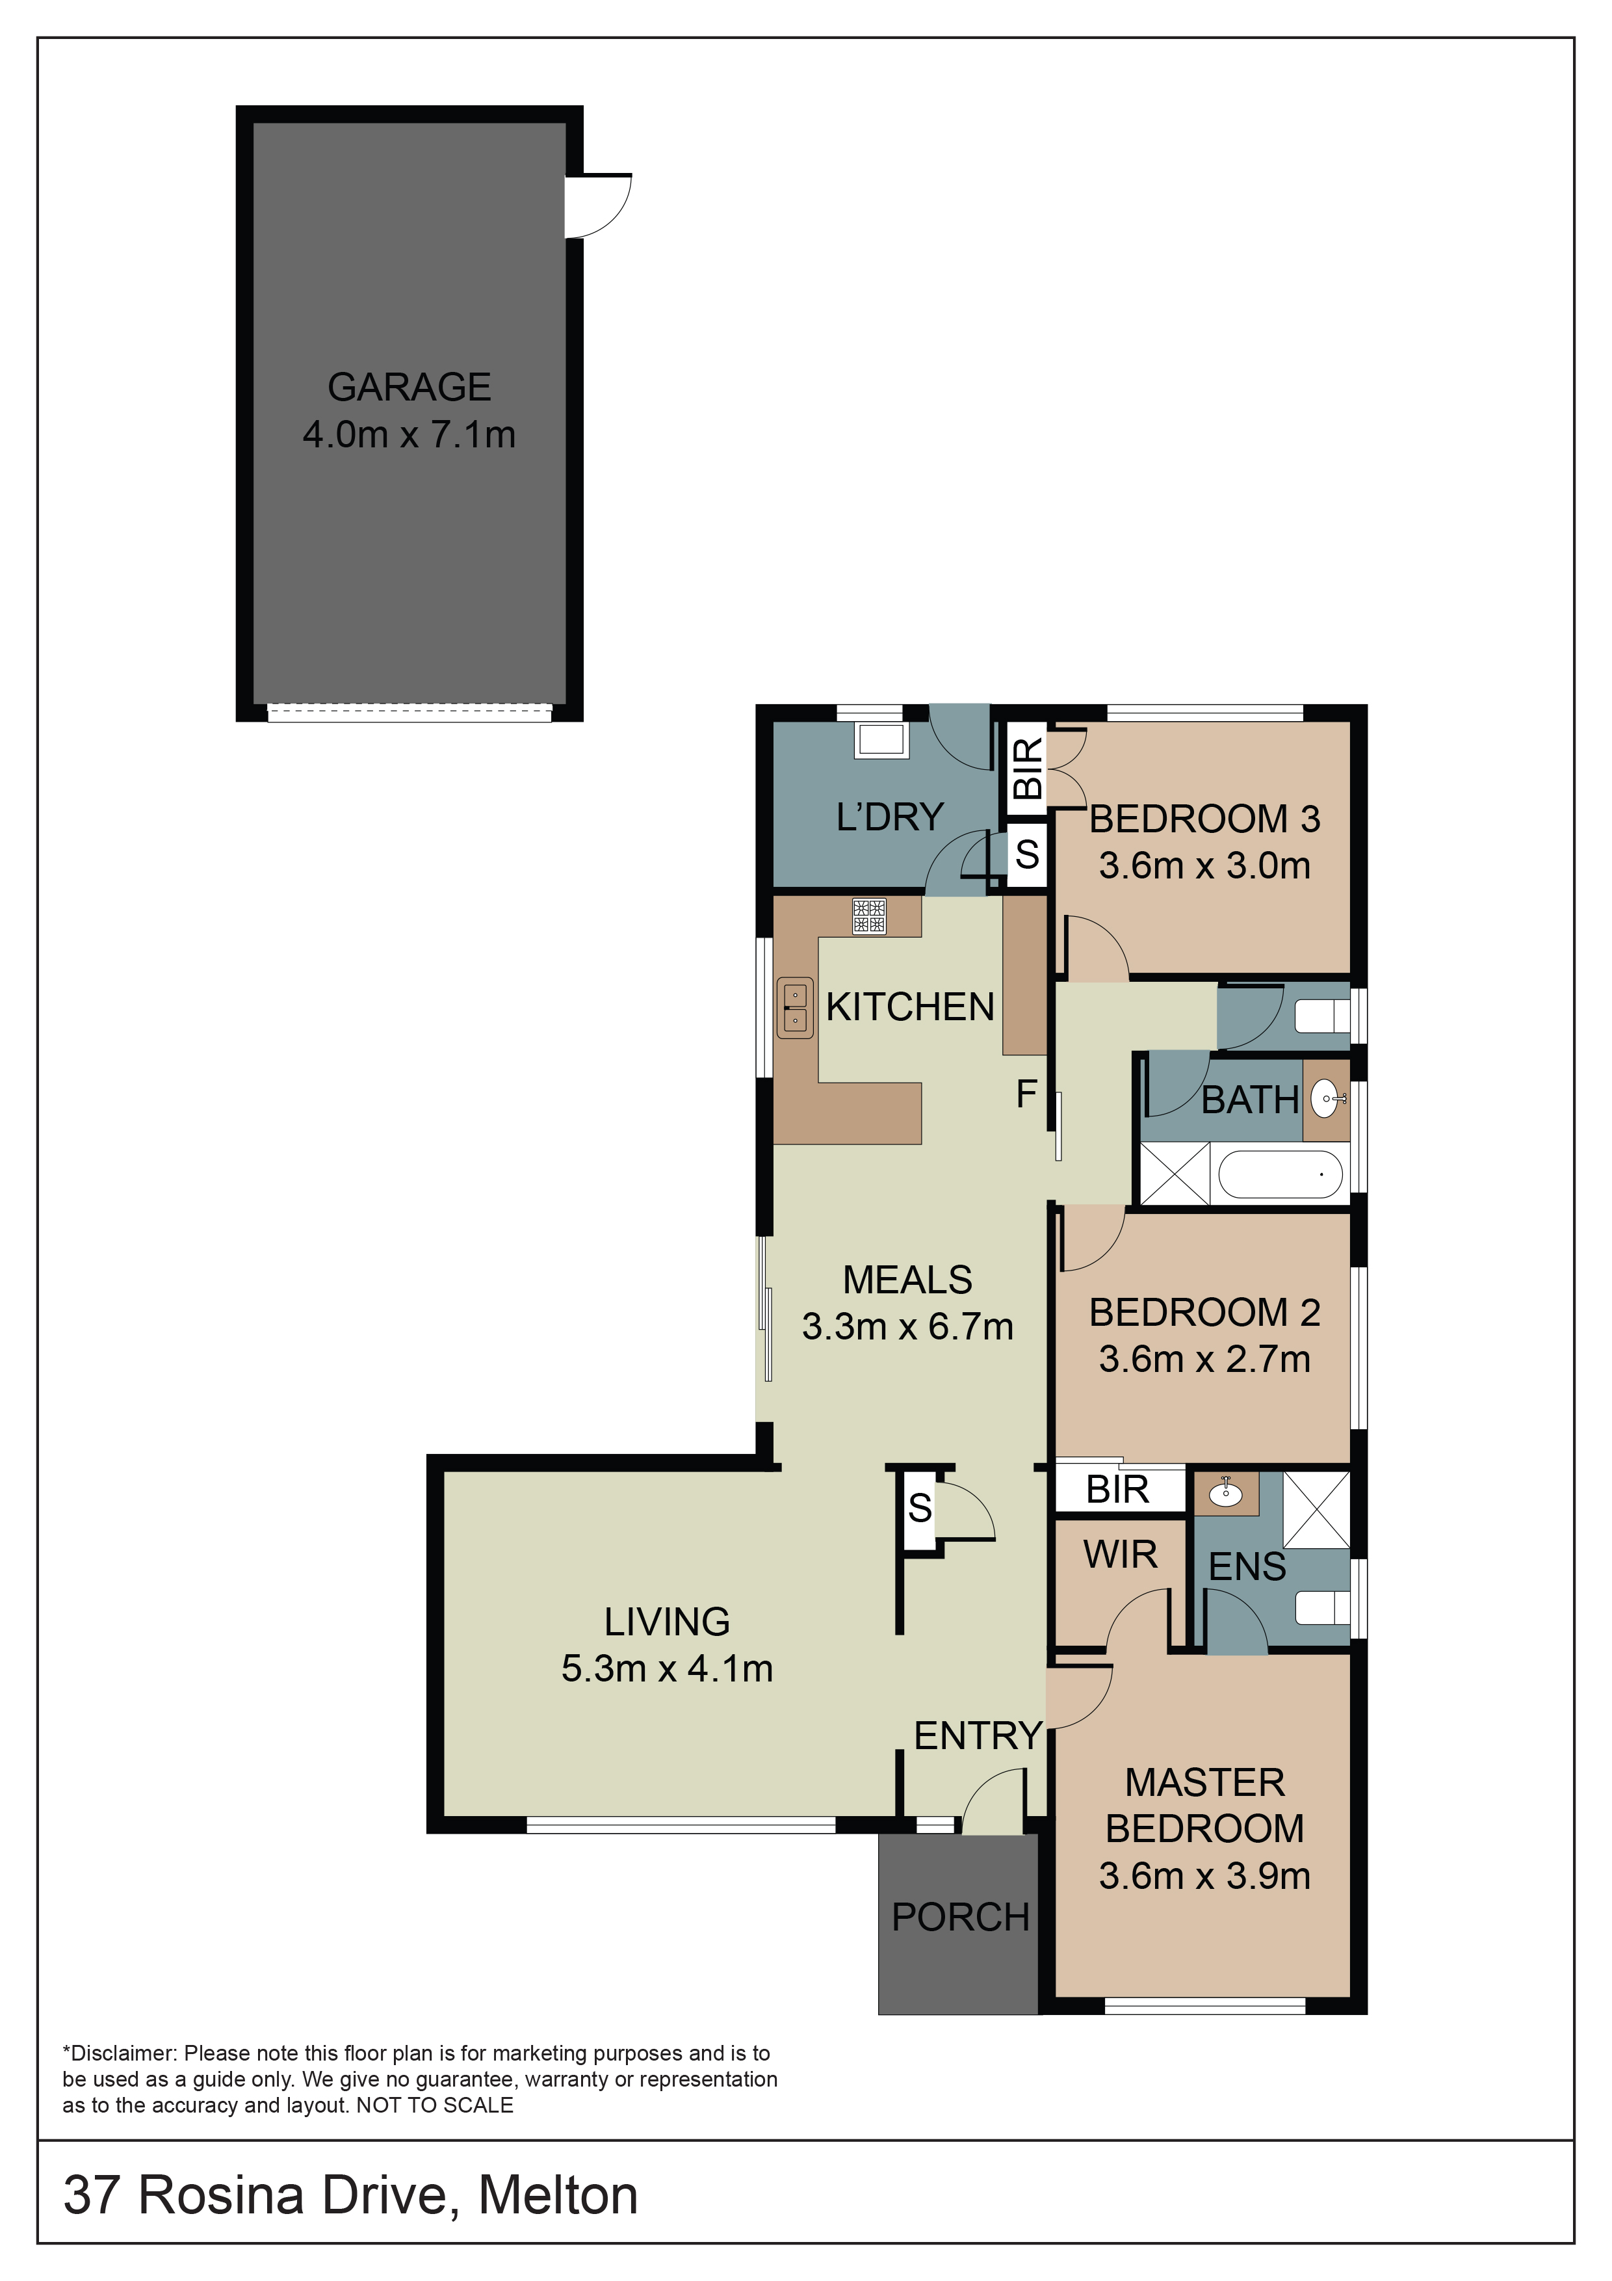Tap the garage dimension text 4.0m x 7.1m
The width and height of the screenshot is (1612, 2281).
point(409,435)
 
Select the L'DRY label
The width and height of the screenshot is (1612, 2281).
point(890,817)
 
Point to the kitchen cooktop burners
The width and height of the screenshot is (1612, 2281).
point(869,916)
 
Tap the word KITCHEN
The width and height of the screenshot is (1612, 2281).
point(910,1007)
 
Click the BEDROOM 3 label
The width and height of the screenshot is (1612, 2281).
point(1205,819)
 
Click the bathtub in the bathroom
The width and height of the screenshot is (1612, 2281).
point(1280,1174)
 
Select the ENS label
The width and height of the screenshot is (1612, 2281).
point(1247,1566)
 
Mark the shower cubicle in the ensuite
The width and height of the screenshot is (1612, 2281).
point(1317,1509)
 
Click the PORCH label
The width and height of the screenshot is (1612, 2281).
point(961,1918)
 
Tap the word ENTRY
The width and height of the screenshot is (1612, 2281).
point(978,1735)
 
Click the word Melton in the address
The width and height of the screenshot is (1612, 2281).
point(558,2196)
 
